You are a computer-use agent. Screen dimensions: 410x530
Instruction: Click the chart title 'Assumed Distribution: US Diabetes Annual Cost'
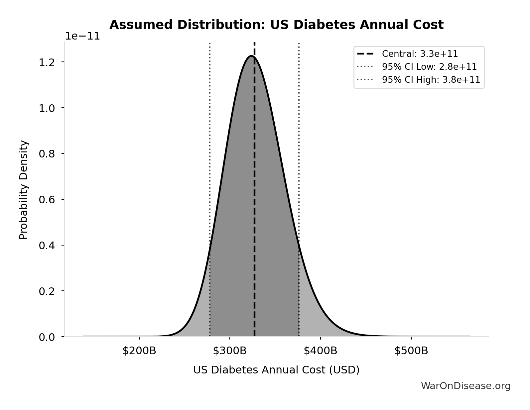pyautogui.click(x=276, y=25)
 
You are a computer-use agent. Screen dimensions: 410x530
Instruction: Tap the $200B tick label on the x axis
pyautogui.click(x=139, y=351)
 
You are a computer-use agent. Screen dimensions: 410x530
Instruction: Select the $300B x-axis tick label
pyautogui.click(x=230, y=351)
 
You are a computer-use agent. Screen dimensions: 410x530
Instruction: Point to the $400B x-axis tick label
pyautogui.click(x=321, y=351)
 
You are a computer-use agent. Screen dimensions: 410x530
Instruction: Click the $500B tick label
pyautogui.click(x=411, y=351)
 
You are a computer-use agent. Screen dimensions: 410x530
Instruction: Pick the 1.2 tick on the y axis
pyautogui.click(x=47, y=62)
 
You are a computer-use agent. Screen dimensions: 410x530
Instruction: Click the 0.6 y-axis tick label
pyautogui.click(x=47, y=200)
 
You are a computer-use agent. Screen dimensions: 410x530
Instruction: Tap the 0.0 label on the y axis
pyautogui.click(x=47, y=337)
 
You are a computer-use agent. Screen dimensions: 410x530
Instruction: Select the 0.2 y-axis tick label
pyautogui.click(x=47, y=291)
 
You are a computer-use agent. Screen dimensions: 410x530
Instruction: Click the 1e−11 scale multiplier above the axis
pyautogui.click(x=82, y=36)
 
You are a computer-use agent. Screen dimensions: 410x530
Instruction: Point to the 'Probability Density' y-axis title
pyautogui.click(x=24, y=190)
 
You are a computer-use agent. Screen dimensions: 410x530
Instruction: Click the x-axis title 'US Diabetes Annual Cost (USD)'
pyautogui.click(x=276, y=370)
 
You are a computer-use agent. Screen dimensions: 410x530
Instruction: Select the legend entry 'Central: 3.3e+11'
pyautogui.click(x=420, y=54)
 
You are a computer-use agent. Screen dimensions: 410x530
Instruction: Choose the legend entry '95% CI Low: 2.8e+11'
pyautogui.click(x=429, y=67)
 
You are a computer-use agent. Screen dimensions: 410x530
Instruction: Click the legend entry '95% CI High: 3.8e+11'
pyautogui.click(x=431, y=80)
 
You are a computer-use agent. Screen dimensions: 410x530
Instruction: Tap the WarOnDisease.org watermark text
pyautogui.click(x=465, y=386)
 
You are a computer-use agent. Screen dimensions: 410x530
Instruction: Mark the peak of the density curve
pyautogui.click(x=251, y=56)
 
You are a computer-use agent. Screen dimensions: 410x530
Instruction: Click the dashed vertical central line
pyautogui.click(x=254, y=199)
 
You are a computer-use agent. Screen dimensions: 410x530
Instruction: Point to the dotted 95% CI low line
pyautogui.click(x=210, y=133)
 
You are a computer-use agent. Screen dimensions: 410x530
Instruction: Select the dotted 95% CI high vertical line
pyautogui.click(x=299, y=133)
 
